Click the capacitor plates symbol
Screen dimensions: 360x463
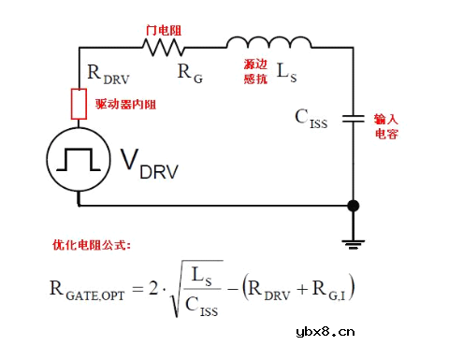[353, 118]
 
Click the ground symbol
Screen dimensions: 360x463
[353, 242]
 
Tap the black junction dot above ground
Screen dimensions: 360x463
[353, 206]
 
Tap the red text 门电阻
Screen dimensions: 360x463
[164, 29]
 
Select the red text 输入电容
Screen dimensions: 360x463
[387, 126]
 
